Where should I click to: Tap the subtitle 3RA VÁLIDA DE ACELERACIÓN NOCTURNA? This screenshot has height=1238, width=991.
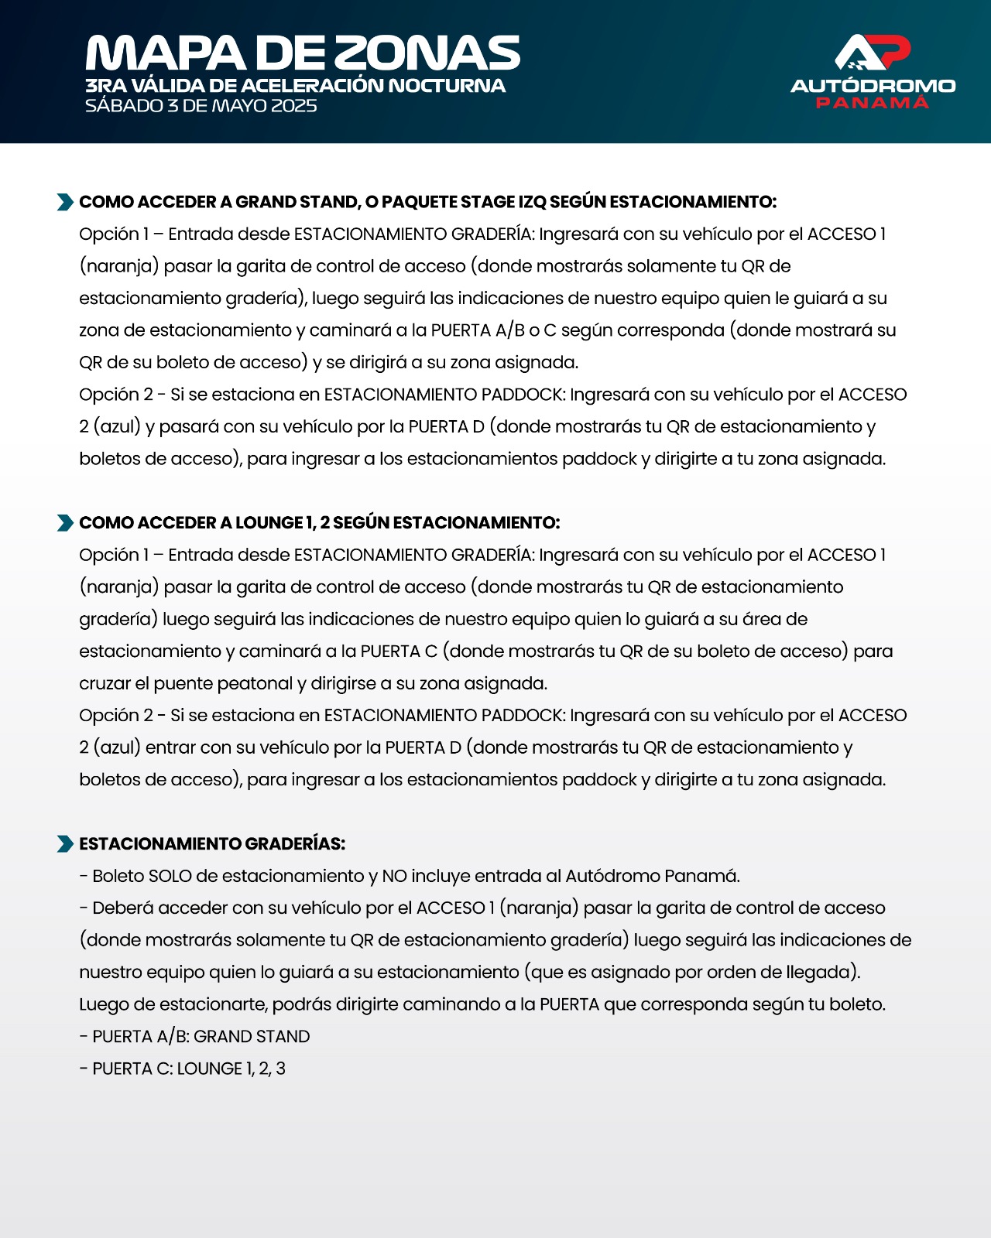[x=295, y=85]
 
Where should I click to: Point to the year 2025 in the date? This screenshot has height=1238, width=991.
[x=293, y=105]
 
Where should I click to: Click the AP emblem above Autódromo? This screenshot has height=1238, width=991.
[x=873, y=53]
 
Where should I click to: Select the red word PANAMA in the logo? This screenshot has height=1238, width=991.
[x=873, y=103]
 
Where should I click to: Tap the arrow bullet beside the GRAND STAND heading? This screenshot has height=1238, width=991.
[x=65, y=202]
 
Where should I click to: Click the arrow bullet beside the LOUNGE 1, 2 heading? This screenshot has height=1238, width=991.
[x=65, y=523]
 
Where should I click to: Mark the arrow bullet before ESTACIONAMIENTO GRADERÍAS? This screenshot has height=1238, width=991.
[x=65, y=844]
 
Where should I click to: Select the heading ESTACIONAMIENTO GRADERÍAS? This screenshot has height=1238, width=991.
[x=212, y=844]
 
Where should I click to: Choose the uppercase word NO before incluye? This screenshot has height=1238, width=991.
[x=394, y=876]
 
